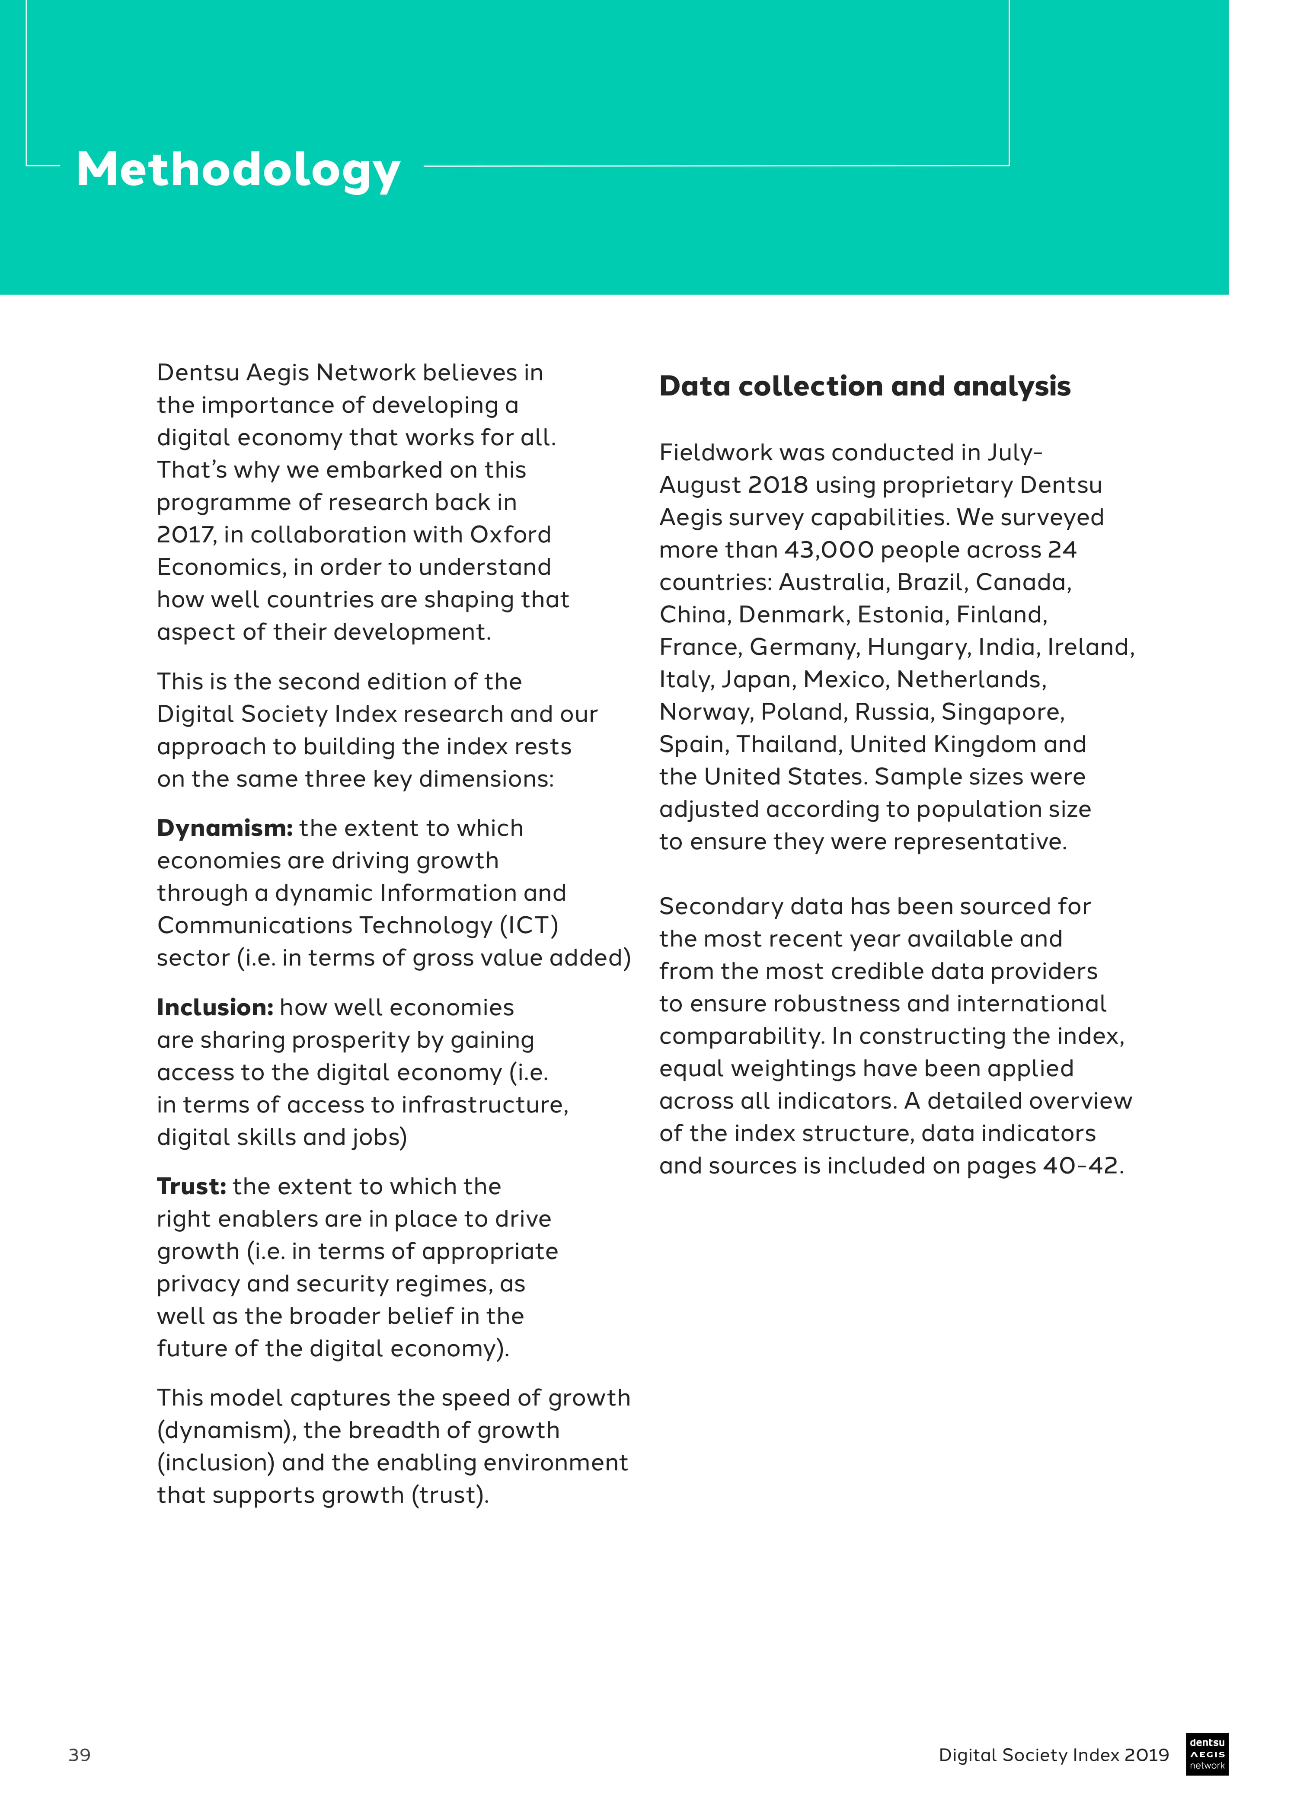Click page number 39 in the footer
coord(80,1755)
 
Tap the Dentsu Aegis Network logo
coord(1207,1753)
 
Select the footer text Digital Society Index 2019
coord(1053,1755)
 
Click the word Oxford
coord(510,535)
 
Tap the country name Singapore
coord(1002,711)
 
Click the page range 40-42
coord(1080,1166)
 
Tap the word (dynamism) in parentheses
coord(227,1430)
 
